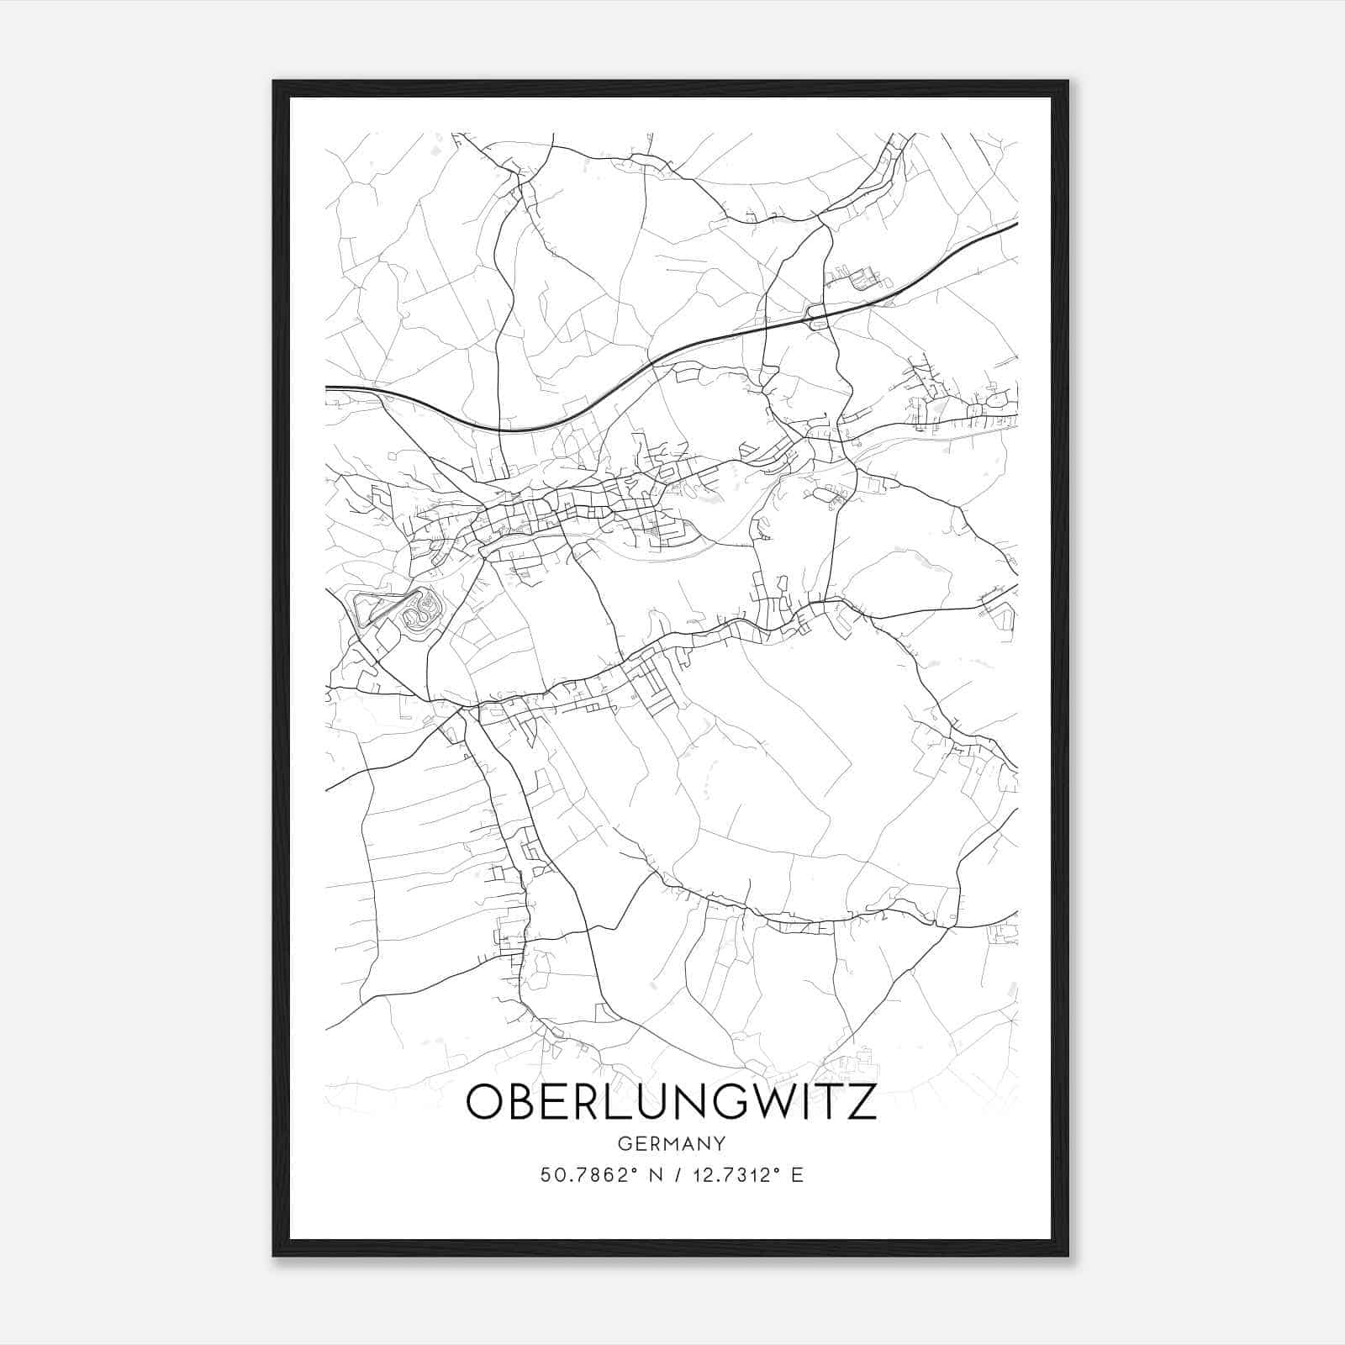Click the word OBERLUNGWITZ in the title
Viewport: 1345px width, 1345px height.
[x=671, y=1102]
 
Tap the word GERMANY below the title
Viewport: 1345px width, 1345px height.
[x=671, y=1144]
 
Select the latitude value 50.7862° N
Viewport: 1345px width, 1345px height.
[x=598, y=1175]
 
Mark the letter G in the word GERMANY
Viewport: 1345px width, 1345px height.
[x=623, y=1144]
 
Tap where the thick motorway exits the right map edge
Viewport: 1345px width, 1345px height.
[x=1015, y=224]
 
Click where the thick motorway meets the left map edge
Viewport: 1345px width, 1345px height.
[x=328, y=388]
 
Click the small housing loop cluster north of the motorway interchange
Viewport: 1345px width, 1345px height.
[x=862, y=278]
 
